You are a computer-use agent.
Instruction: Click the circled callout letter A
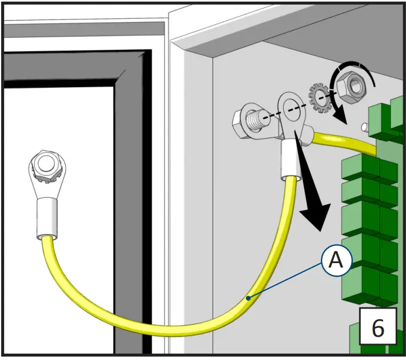click(x=337, y=261)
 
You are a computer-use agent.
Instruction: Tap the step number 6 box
click(x=377, y=328)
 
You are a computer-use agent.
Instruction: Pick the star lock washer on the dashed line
click(x=318, y=97)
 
